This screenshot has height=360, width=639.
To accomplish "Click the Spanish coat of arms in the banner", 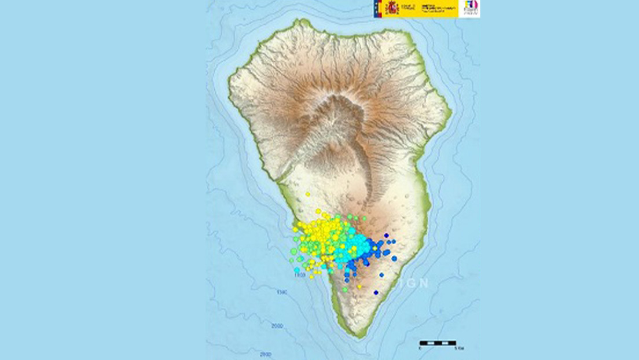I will pyautogui.click(x=392, y=8).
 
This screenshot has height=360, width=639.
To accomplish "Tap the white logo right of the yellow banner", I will pyautogui.click(x=469, y=8).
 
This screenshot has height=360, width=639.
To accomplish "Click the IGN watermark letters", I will pyautogui.click(x=416, y=283).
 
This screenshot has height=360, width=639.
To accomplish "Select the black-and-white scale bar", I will pyautogui.click(x=438, y=343).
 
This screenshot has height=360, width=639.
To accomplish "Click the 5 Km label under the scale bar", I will pyautogui.click(x=458, y=350).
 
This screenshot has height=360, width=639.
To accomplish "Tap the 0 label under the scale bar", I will pyautogui.click(x=421, y=350).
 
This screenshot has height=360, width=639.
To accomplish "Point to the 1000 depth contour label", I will pyautogui.click(x=299, y=275).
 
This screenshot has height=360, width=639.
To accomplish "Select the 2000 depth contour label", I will pyautogui.click(x=277, y=326).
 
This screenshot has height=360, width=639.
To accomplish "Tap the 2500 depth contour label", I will pyautogui.click(x=266, y=354).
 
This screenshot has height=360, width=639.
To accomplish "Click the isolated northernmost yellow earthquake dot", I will pyautogui.click(x=308, y=194).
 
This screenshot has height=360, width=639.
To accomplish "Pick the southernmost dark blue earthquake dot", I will pyautogui.click(x=376, y=292).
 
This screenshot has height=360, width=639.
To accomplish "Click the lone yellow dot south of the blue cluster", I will pyautogui.click(x=359, y=286).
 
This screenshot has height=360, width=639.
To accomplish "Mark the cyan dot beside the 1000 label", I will pyautogui.click(x=297, y=270).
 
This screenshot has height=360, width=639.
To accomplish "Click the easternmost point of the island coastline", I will pyautogui.click(x=451, y=111).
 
